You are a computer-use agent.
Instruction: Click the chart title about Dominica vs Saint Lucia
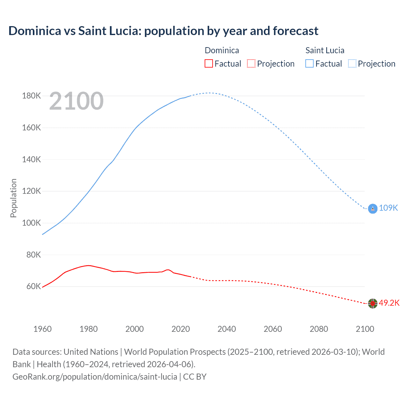pyautogui.click(x=163, y=31)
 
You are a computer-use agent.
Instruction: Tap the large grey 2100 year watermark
pyautogui.click(x=76, y=101)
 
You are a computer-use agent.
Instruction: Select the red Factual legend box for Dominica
pyautogui.click(x=209, y=63)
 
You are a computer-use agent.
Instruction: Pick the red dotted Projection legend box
pyautogui.click(x=251, y=63)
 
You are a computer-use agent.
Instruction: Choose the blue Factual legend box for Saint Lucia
pyautogui.click(x=310, y=63)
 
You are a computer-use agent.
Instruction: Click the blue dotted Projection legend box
pyautogui.click(x=352, y=63)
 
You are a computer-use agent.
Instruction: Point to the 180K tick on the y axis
pyautogui.click(x=32, y=96)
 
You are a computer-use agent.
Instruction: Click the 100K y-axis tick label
pyautogui.click(x=32, y=223)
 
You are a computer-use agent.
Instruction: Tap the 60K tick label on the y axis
pyautogui.click(x=33, y=287)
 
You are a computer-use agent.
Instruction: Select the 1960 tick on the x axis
pyautogui.click(x=42, y=329)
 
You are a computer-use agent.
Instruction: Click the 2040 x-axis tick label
pyautogui.click(x=227, y=329)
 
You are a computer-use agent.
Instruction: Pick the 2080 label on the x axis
pyautogui.click(x=319, y=329)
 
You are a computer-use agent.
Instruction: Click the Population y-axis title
pyautogui.click(x=13, y=198)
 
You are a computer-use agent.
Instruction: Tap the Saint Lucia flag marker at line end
pyautogui.click(x=373, y=208)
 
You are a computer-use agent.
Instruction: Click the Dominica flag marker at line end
pyautogui.click(x=373, y=303)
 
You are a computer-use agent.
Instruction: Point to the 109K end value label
pyautogui.click(x=389, y=208)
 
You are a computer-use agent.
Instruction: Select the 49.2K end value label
pyautogui.click(x=389, y=303)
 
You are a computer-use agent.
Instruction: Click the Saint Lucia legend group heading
pyautogui.click(x=325, y=50)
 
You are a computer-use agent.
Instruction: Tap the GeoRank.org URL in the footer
pyautogui.click(x=95, y=377)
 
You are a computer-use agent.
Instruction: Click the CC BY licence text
pyautogui.click(x=195, y=377)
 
